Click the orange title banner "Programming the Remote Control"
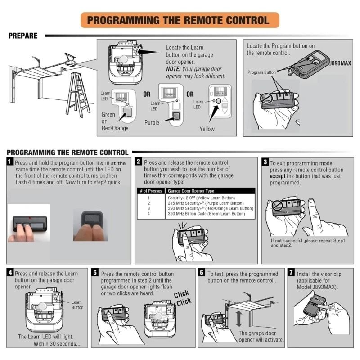coord(180,20)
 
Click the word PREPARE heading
coord(23,36)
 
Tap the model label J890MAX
coord(337,63)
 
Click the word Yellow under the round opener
coord(207,129)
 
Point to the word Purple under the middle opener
coord(152,122)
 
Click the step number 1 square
coord(10,162)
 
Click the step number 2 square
coord(139,162)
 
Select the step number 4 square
coord(10,273)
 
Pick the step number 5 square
coord(95,273)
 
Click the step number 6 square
coord(202,273)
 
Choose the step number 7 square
coord(292,273)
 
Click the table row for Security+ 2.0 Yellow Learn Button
coord(201,198)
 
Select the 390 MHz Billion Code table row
coord(206,214)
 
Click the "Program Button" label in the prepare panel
coord(261,72)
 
